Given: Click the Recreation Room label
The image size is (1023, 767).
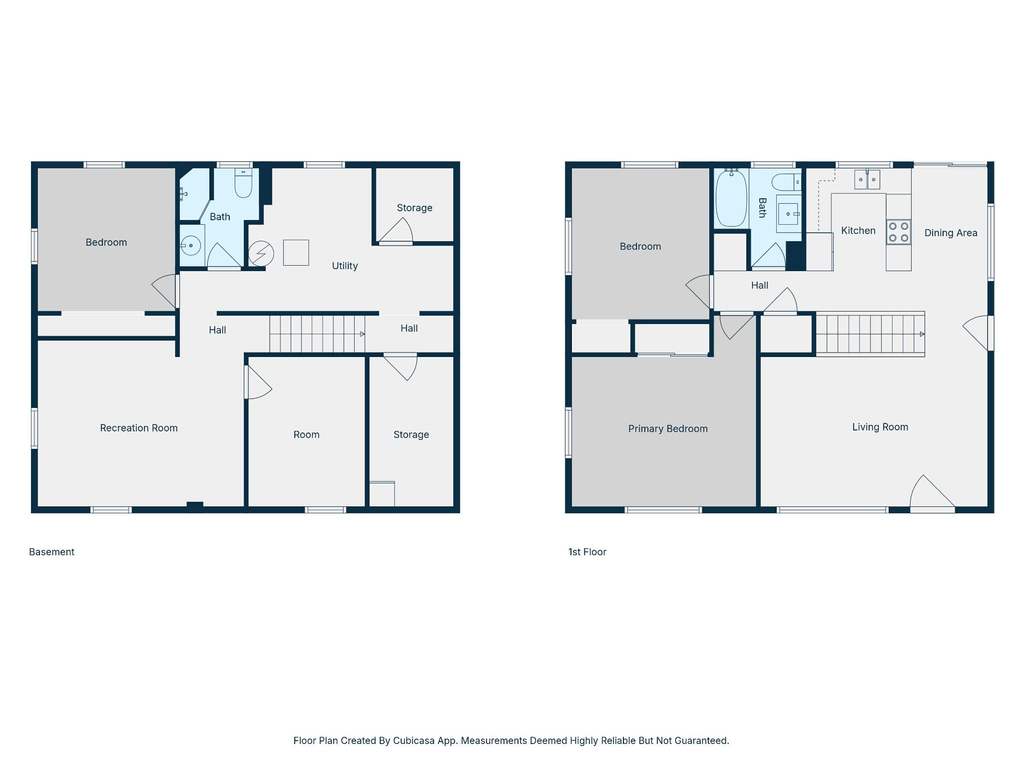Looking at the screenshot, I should coord(139,428).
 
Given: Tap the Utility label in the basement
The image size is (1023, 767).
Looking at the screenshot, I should coord(345,266).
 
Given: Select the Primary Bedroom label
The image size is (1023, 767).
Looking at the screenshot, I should coord(667,428).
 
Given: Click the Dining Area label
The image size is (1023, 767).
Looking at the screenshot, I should coord(951,233).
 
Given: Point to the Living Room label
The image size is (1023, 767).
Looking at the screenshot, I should coord(880,427).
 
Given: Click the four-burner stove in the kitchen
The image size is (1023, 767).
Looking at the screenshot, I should coord(898,232).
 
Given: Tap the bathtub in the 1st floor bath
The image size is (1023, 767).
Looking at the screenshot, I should coord(731,198).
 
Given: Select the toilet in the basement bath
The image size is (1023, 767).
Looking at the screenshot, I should coord(243,183).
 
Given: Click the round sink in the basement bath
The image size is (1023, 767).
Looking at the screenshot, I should coord(190,246).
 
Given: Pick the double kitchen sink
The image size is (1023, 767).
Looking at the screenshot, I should coord(867,179).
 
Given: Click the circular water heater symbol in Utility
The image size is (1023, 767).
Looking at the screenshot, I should coord(261,253).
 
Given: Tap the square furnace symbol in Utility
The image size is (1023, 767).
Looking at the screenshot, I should coord(296,253).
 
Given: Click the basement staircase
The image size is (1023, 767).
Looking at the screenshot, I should coord(316,334).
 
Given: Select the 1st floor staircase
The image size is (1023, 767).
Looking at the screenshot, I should coord(870,334).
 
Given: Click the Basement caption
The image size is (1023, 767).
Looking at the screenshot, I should coord(51,552).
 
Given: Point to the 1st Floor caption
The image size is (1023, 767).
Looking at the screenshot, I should coord(587,552).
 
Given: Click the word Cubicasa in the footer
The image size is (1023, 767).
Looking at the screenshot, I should coord(413,741).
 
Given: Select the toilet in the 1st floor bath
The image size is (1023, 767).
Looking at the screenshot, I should coord(786,182).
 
